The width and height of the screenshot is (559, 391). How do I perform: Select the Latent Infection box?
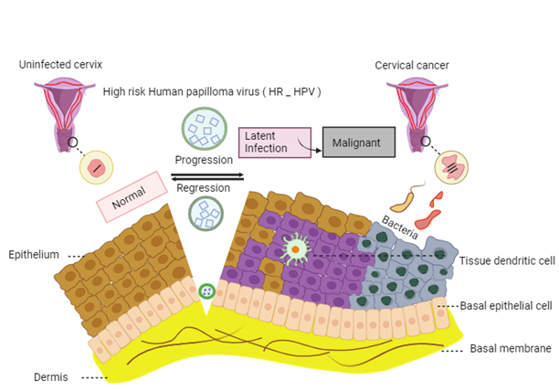[275, 142]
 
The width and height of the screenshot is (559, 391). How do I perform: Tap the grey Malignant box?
[358, 143]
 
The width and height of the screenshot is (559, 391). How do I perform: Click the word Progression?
[205, 161]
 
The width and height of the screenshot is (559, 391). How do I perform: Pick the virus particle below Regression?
[205, 214]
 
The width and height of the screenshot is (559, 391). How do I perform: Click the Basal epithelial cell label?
[505, 306]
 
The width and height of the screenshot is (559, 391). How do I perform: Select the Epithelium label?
[34, 254]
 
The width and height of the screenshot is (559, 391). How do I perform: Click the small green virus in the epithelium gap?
[207, 291]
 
